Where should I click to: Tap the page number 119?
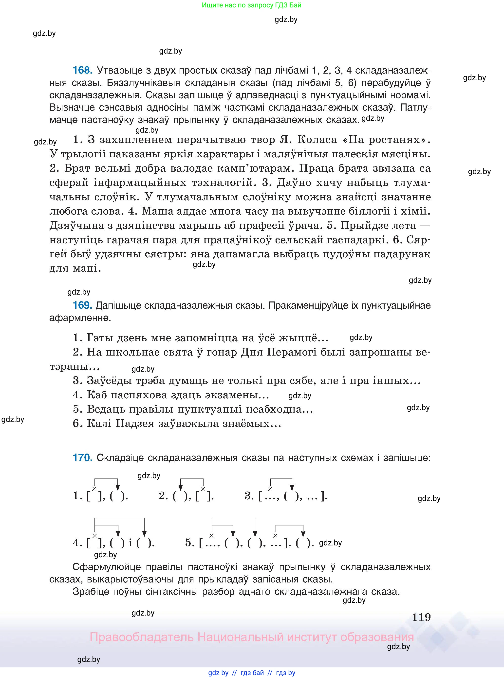tap(421, 617)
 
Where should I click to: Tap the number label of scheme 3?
tap(249, 496)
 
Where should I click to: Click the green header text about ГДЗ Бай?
tap(251, 5)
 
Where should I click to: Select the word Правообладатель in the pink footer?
tap(142, 637)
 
